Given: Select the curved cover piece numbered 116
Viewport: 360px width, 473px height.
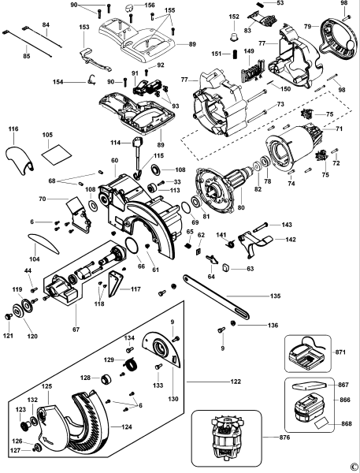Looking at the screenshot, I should (x=20, y=155).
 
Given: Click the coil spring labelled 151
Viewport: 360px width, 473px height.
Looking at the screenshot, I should (x=234, y=54).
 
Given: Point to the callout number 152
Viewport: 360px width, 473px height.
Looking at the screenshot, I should (x=233, y=16).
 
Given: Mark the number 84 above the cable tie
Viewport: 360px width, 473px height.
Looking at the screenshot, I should (x=46, y=26).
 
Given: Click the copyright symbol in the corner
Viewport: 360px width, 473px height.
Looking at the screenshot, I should (x=353, y=466).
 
